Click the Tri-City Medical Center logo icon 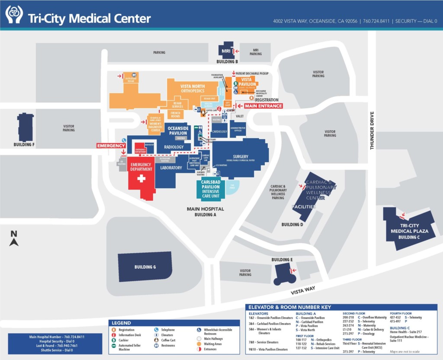[14, 14]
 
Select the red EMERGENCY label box [111, 146]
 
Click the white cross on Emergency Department [141, 178]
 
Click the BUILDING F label [24, 145]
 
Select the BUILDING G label [145, 267]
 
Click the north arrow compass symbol [14, 238]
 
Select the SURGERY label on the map [241, 157]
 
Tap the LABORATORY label [171, 167]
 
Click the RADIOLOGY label [174, 147]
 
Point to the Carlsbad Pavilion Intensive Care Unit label [211, 188]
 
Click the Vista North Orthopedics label [192, 89]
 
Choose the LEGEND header [122, 323]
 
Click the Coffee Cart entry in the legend [168, 340]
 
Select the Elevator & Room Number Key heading [289, 307]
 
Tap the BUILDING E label [282, 260]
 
